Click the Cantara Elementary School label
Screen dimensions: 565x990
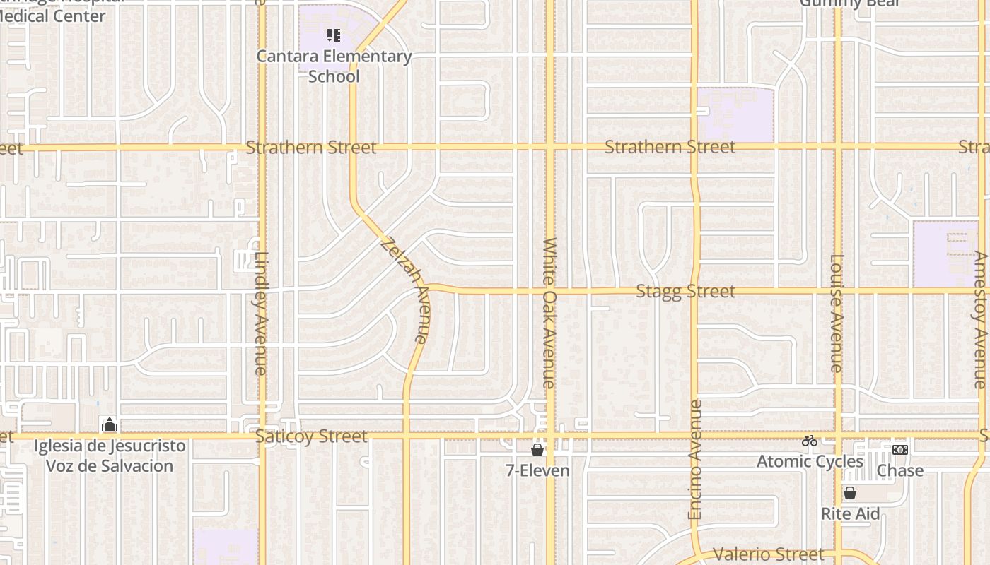(334, 66)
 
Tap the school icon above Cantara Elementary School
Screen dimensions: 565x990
(334, 35)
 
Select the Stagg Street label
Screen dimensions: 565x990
(685, 291)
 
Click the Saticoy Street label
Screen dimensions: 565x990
(311, 436)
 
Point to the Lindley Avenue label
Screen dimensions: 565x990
(261, 314)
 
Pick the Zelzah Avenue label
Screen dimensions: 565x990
(405, 290)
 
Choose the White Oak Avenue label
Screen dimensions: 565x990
(549, 313)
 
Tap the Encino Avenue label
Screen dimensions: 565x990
(695, 460)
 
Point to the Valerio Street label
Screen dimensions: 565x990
(768, 554)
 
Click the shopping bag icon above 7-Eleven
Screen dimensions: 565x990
(537, 449)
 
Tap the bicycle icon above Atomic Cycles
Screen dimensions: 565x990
(810, 441)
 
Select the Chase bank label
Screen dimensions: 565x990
(900, 470)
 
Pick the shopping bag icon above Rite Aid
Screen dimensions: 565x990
(850, 493)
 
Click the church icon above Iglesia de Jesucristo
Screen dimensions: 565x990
(109, 424)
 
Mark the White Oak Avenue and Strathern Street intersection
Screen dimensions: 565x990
(550, 147)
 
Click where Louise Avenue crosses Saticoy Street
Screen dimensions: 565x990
(838, 434)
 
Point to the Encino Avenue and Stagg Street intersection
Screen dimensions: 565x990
(695, 290)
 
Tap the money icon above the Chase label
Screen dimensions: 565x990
(899, 450)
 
